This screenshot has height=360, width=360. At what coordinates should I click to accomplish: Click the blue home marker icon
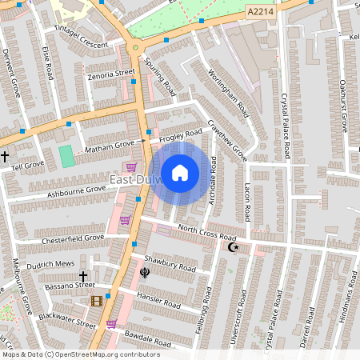point(180,173)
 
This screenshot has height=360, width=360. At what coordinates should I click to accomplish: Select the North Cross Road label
point(207,233)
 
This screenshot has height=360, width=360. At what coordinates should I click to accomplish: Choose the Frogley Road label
point(180,136)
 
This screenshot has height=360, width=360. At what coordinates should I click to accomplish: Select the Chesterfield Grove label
point(73,238)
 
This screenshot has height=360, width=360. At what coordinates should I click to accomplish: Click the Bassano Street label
point(69,285)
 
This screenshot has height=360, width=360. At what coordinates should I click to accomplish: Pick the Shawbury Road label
point(170,263)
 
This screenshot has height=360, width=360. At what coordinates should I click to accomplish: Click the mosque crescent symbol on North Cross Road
point(234,247)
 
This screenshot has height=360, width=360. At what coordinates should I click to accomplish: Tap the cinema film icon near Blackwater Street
point(97,301)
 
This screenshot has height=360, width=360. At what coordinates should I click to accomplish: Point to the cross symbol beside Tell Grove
point(5,156)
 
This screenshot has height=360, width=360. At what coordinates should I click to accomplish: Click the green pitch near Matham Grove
point(66,156)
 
